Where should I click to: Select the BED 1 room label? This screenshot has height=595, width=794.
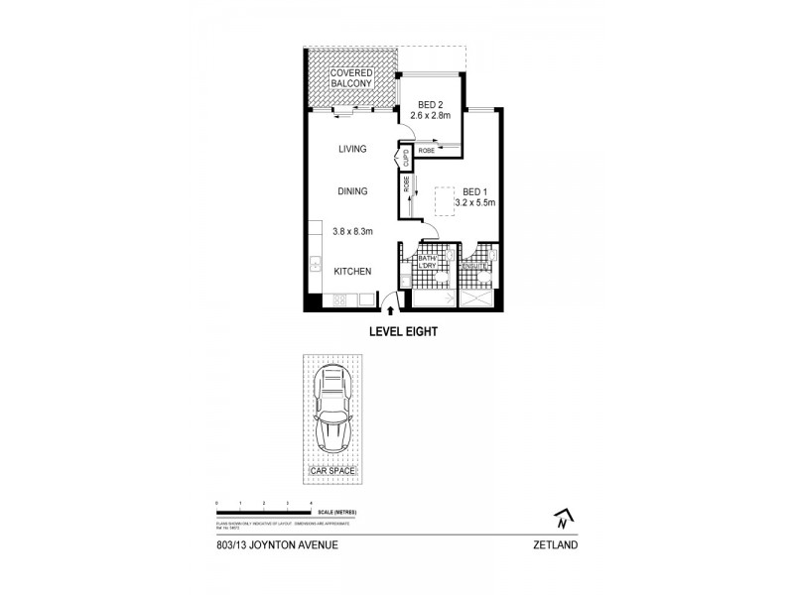tap(473, 191)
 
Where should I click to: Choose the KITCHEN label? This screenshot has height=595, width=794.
tap(352, 271)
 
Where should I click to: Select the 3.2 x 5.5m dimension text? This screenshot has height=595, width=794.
tap(474, 203)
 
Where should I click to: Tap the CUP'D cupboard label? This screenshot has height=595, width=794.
tap(406, 156)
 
